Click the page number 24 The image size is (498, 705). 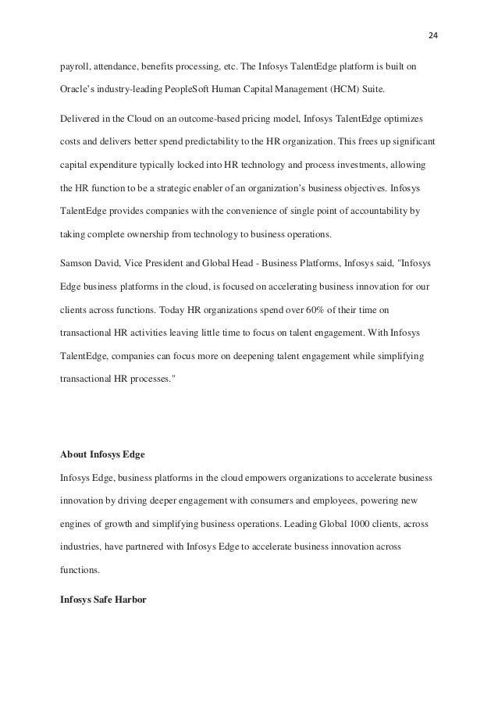click(x=432, y=35)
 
